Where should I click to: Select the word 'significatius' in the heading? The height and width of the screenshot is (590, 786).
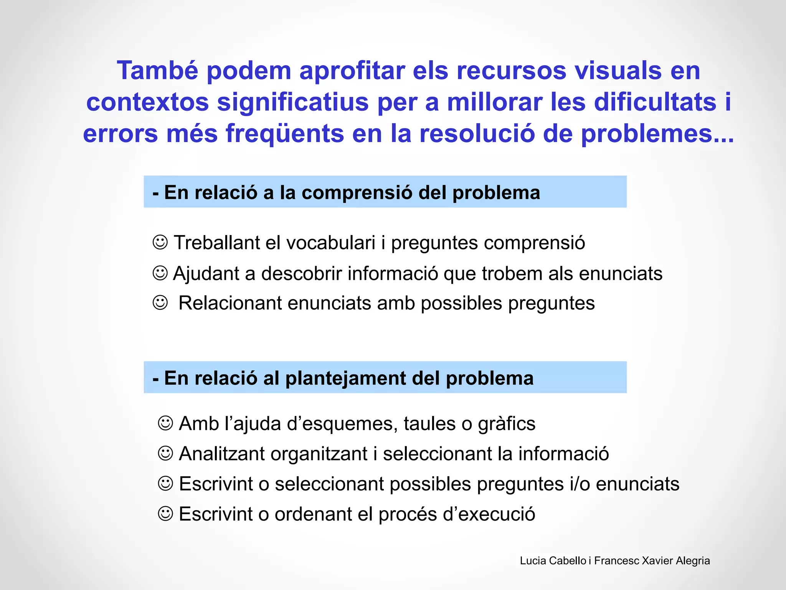coord(292,102)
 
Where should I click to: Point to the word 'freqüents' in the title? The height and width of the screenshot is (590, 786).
coord(284,133)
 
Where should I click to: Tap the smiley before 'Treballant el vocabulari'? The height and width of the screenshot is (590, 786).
coord(160,242)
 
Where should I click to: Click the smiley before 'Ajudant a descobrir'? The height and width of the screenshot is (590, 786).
coord(160,273)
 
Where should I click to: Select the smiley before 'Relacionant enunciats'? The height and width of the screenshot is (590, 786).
coord(160,303)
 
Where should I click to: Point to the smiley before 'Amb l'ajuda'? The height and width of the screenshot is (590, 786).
coord(165,423)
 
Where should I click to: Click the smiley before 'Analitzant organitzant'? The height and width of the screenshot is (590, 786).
coord(165,453)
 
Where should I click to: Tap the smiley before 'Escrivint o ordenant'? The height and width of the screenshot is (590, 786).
coord(165,514)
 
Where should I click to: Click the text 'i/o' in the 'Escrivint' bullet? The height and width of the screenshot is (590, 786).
coord(580,484)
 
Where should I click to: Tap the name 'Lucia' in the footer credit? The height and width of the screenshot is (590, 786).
coord(533,561)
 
